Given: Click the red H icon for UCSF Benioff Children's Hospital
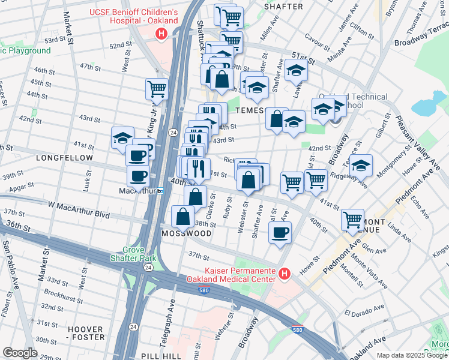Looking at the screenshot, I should [x=160, y=35].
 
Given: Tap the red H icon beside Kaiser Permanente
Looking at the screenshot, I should [x=285, y=275].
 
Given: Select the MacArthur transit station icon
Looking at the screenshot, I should [x=160, y=191].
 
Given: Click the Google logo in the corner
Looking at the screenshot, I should [x=20, y=352].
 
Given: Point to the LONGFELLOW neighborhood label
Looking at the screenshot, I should [x=64, y=158].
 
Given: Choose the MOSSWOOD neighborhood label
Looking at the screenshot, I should [x=186, y=233].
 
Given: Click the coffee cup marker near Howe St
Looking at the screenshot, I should [x=280, y=232].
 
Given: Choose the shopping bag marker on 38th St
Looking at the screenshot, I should [x=182, y=216].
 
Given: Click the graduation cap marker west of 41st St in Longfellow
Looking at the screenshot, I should [x=122, y=137].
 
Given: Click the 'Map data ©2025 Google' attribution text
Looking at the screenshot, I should [x=412, y=355].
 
